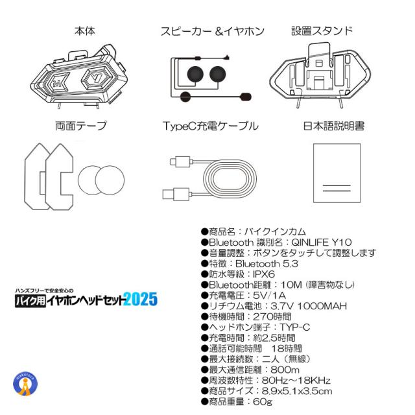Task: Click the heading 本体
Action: point(85,30)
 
